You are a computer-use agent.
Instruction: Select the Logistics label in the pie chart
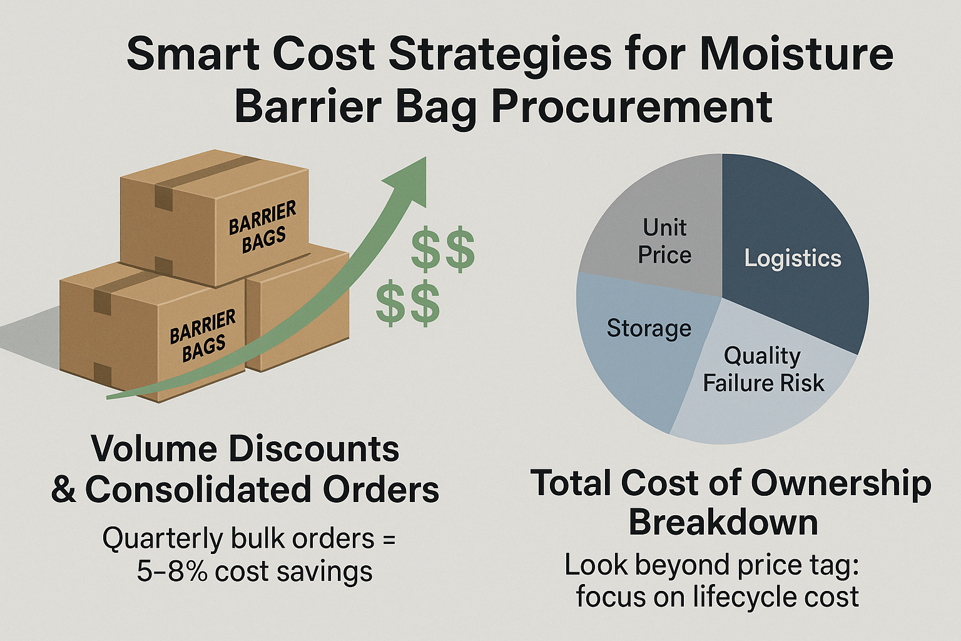coord(793,259)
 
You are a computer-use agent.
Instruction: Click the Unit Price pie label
coord(664,241)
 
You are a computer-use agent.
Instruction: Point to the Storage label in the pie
coord(649,329)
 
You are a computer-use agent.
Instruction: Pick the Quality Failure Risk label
coord(763,370)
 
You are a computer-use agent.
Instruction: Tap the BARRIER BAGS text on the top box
coord(263,227)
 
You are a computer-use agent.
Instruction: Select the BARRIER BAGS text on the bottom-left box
coord(203,336)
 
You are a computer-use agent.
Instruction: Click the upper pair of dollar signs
coord(443,249)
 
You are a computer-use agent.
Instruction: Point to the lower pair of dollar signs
coord(408,303)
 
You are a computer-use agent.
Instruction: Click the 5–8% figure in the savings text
coord(173,572)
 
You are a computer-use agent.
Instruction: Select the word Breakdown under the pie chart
coord(723,523)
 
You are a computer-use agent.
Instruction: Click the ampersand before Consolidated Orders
coord(63,490)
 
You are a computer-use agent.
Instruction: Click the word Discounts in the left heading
coord(313,449)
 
